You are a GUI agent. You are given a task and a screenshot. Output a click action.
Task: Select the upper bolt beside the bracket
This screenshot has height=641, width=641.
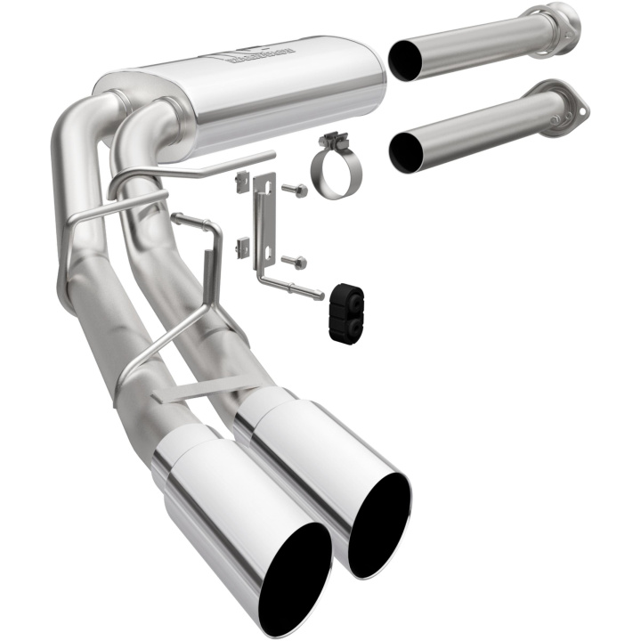(295, 190)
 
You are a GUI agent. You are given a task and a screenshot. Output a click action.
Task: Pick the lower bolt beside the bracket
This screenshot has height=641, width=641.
(294, 261)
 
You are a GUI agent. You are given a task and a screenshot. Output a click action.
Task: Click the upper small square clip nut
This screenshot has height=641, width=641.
(239, 182)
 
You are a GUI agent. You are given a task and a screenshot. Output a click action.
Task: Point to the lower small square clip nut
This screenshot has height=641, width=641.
(239, 246)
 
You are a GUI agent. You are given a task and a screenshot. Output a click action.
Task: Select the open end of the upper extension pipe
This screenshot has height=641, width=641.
(405, 61)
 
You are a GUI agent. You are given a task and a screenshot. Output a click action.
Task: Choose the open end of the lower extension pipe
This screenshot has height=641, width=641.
(406, 151)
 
